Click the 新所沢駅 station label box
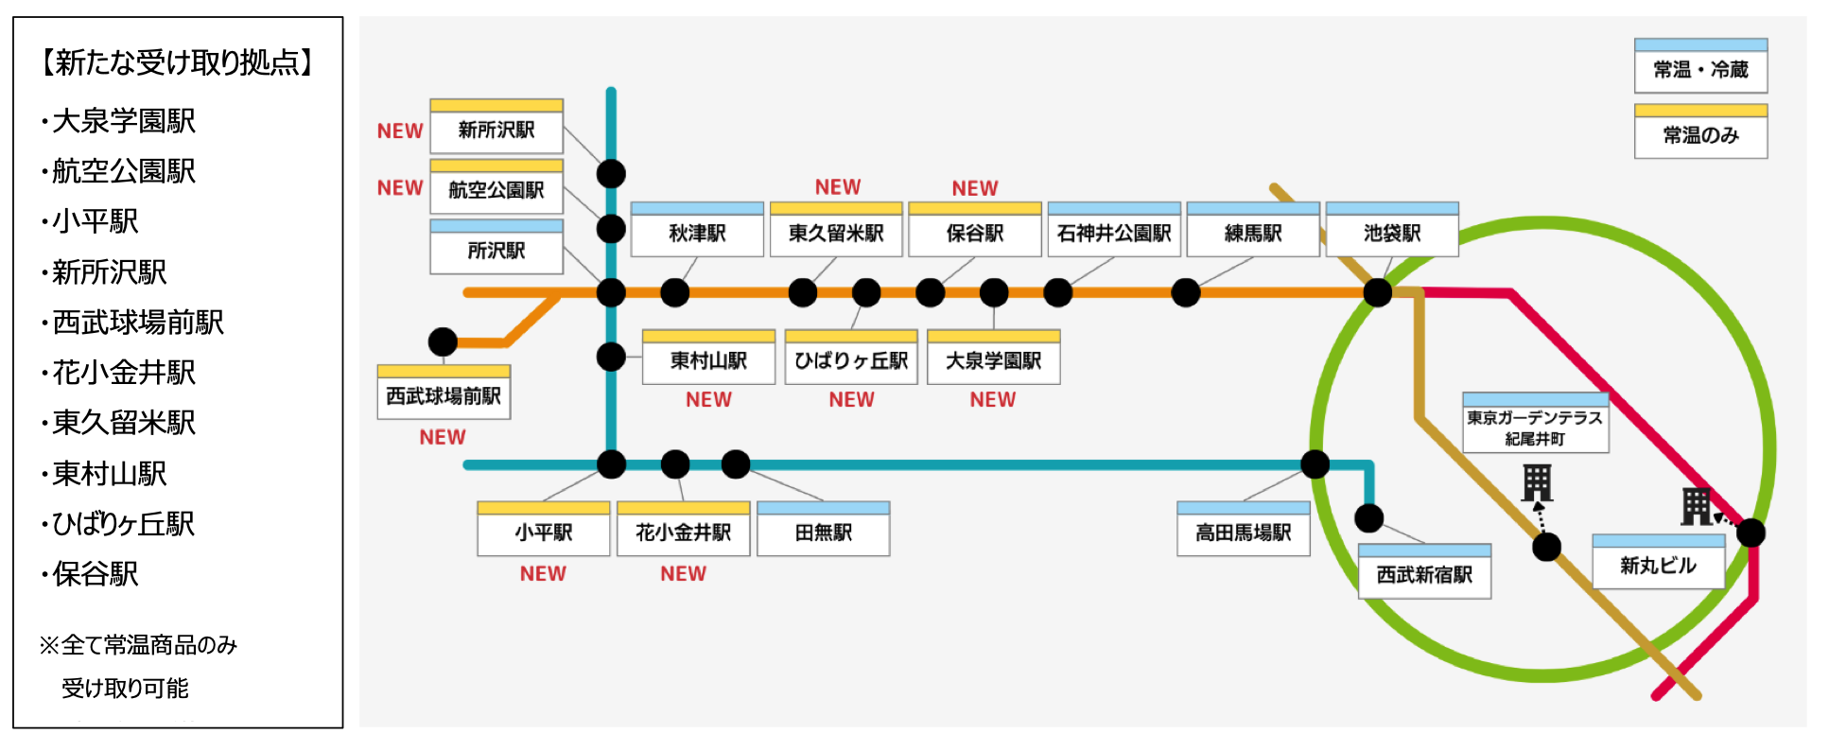pos(496,130)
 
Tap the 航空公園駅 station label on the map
pos(496,190)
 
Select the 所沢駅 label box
pos(496,251)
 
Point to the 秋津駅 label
pos(697,233)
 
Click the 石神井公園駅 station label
pos(1114,233)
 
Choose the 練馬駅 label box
pos(1253,233)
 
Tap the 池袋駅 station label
pos(1392,233)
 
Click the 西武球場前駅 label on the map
pos(444,395)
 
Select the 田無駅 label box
pos(824,533)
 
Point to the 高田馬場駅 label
pos(1244,533)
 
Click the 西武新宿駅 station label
pos(1424,575)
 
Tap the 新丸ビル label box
pos(1658,566)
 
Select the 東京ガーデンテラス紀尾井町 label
pos(1535,428)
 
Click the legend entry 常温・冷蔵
pos(1700,69)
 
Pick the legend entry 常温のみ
pos(1700,135)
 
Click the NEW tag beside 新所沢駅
pos(400,131)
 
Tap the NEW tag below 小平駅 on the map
pos(543,574)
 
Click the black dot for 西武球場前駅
pos(443,341)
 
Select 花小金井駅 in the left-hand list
pos(124,373)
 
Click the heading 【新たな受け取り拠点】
pos(178,62)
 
